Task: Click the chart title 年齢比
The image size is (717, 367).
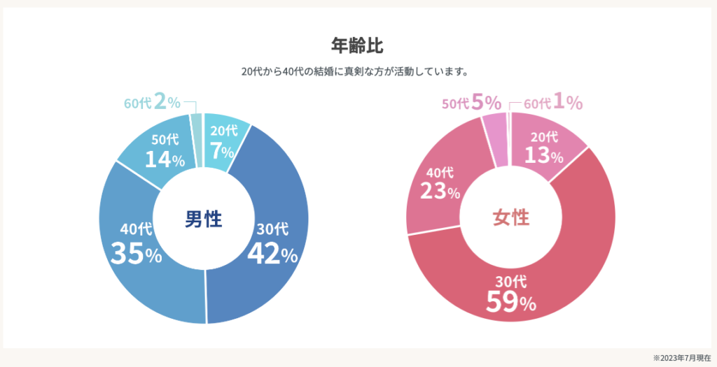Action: point(358,45)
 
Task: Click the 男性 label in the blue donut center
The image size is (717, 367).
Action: point(203,220)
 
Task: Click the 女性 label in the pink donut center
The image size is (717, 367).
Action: point(510,217)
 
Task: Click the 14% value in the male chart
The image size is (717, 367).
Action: point(165,159)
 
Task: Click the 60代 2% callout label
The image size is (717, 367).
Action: point(152,102)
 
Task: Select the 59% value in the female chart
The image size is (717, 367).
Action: point(510,302)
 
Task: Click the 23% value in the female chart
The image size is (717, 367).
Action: point(440,190)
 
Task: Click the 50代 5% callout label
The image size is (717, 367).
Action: point(471,103)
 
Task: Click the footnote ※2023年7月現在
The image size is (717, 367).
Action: point(682,357)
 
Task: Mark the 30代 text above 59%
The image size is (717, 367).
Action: point(510,282)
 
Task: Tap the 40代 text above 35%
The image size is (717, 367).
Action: point(136,229)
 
